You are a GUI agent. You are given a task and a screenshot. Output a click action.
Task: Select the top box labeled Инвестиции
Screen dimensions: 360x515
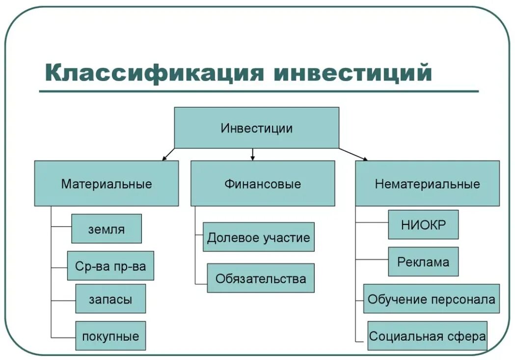(x=256, y=128)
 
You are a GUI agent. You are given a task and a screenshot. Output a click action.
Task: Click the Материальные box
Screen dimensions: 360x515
(x=107, y=183)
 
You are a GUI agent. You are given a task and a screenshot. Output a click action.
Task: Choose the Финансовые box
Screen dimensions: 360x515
(x=263, y=183)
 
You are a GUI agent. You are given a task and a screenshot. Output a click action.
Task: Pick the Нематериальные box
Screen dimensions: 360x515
(x=427, y=183)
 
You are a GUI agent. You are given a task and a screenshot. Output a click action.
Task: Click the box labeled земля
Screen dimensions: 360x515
(x=107, y=228)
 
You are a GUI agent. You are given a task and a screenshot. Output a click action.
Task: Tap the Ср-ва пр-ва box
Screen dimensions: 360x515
(x=110, y=266)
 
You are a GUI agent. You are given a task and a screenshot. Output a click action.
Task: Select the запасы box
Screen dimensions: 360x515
(x=110, y=299)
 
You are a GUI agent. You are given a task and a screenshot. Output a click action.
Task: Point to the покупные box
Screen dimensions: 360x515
(x=110, y=336)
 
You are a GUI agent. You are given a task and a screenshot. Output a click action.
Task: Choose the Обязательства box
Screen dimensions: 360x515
(x=261, y=278)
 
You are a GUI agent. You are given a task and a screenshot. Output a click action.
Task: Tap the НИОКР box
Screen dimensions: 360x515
(x=423, y=224)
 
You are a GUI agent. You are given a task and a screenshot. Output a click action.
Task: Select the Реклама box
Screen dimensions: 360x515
(x=423, y=261)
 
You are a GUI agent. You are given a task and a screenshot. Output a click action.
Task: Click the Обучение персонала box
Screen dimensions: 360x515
(x=432, y=299)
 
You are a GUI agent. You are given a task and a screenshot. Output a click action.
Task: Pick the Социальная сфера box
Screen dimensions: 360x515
(x=427, y=336)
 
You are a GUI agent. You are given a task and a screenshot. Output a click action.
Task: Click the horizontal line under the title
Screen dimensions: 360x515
(x=259, y=91)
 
